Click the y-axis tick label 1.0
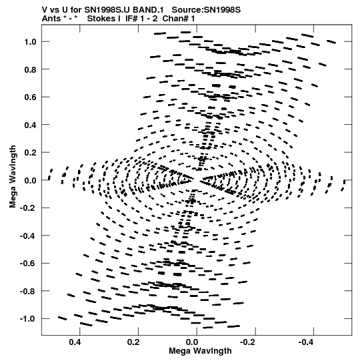(30, 42)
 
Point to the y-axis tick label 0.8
(30, 69)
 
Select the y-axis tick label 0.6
(30, 97)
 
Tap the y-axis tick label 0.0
(30, 180)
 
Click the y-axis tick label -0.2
(28, 208)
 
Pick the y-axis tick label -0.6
(28, 263)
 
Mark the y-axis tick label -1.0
(28, 319)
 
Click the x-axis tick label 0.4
(75, 342)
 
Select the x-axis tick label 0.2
(133, 342)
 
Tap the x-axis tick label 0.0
(192, 342)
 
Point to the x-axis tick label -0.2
(249, 342)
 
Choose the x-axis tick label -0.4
(307, 342)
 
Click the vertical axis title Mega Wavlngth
(13, 177)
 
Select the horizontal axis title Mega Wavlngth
(200, 351)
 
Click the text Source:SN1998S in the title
(206, 10)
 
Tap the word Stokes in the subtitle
(104, 19)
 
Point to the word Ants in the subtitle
(51, 19)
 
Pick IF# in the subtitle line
(131, 19)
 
